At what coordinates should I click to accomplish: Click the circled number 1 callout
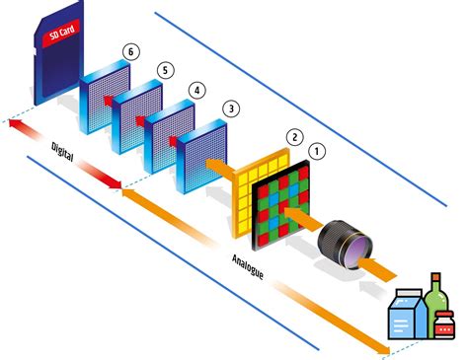pyautogui.click(x=316, y=152)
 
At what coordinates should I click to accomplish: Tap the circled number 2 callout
pyautogui.click(x=293, y=135)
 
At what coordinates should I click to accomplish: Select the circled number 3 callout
pyautogui.click(x=230, y=107)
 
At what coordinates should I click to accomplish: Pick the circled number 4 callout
pyautogui.click(x=197, y=89)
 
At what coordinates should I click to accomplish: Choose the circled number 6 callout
pyautogui.click(x=126, y=48)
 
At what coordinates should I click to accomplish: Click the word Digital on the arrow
pyautogui.click(x=64, y=153)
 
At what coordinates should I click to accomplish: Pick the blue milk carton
pyautogui.click(x=406, y=314)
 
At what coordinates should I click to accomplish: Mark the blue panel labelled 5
pyautogui.click(x=137, y=113)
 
